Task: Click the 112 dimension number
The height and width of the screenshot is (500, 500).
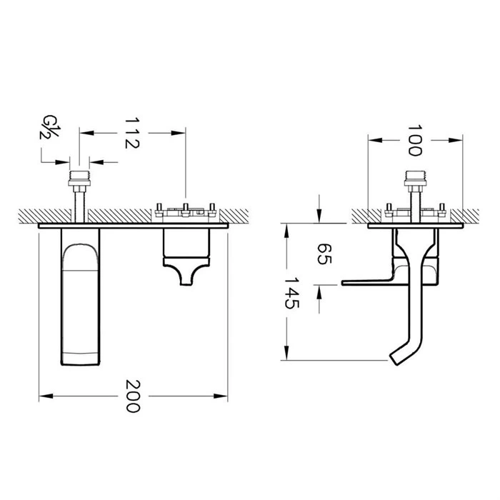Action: (x=132, y=132)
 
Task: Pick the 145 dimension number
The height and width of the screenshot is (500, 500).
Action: (x=291, y=293)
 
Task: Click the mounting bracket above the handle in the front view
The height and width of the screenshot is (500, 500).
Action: (x=186, y=211)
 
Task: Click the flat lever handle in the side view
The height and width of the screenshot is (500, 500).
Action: (x=368, y=281)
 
